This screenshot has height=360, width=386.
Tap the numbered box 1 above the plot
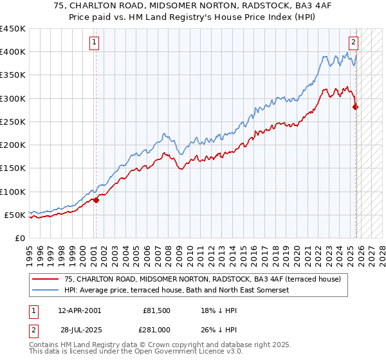point(94,42)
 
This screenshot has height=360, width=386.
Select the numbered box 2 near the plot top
point(353,42)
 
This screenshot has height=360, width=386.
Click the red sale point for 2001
point(96,200)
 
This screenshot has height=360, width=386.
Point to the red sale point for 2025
point(356,107)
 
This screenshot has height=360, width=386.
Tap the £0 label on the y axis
point(19,238)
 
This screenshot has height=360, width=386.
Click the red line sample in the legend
point(46,279)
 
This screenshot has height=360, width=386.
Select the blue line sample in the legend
point(46,290)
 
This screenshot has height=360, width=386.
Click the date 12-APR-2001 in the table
point(79,310)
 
